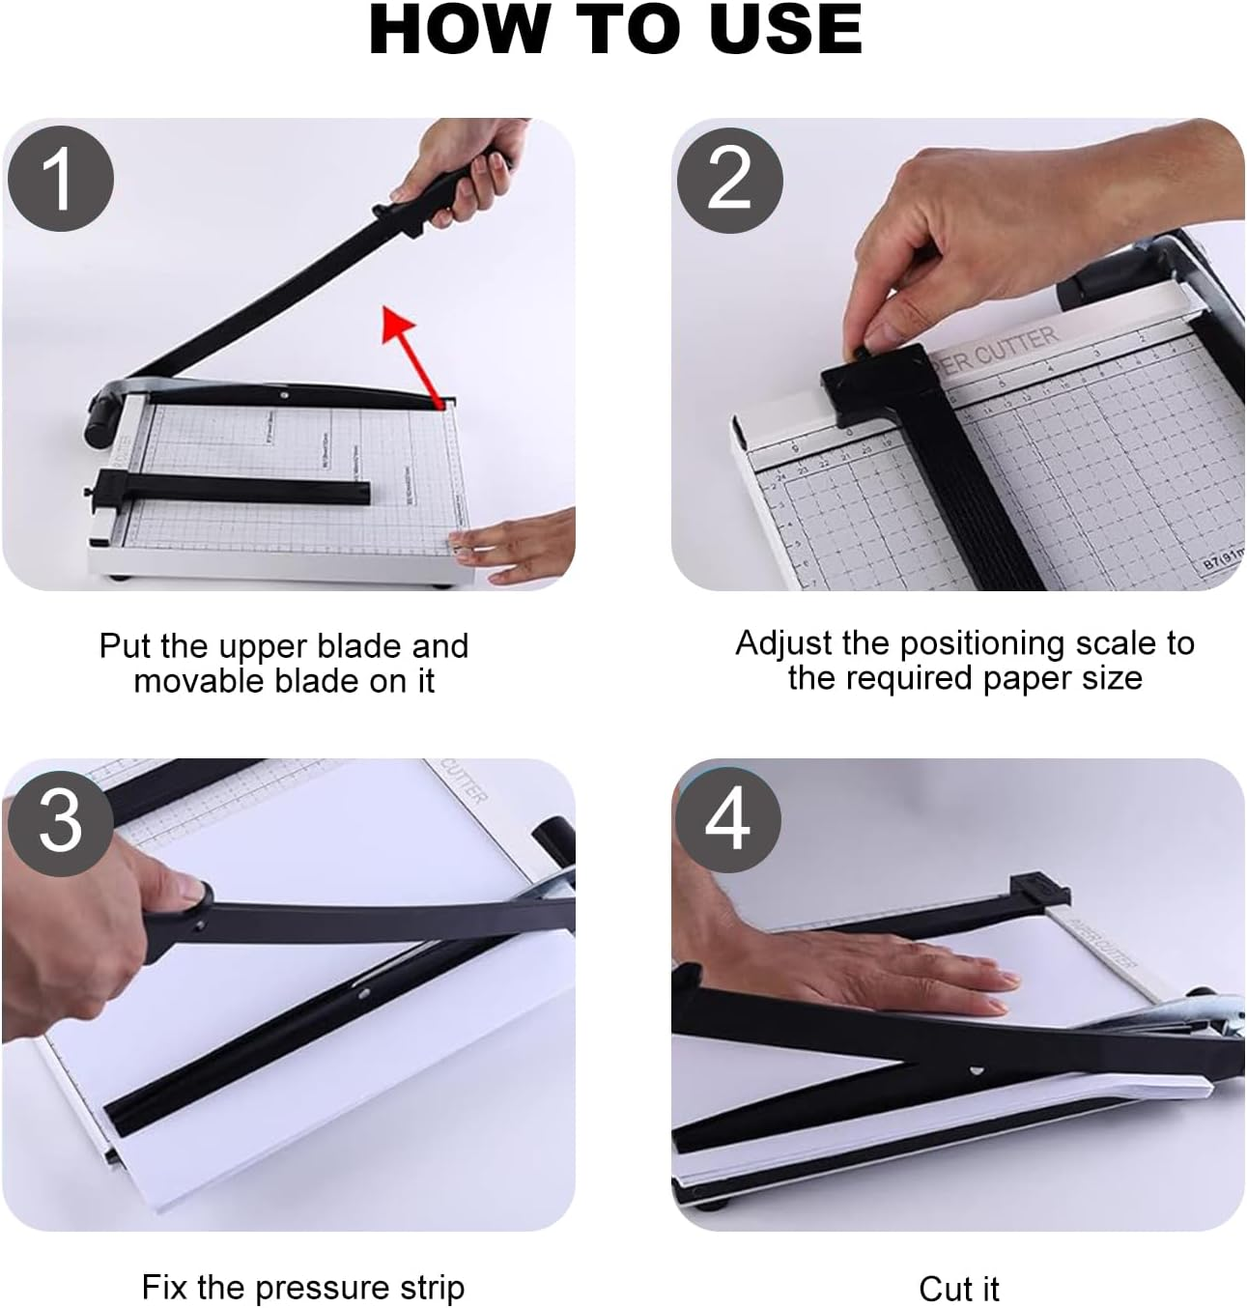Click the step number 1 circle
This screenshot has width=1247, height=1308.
point(60,180)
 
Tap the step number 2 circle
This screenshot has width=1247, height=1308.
point(729,180)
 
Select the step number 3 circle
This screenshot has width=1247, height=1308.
point(60,821)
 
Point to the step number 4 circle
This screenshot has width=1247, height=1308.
point(727,819)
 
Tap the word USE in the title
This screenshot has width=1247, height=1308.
point(785,30)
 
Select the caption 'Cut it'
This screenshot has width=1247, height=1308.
point(958,1289)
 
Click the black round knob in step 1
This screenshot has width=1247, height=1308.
point(99,426)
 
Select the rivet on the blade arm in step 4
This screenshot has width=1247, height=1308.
point(976,1070)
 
